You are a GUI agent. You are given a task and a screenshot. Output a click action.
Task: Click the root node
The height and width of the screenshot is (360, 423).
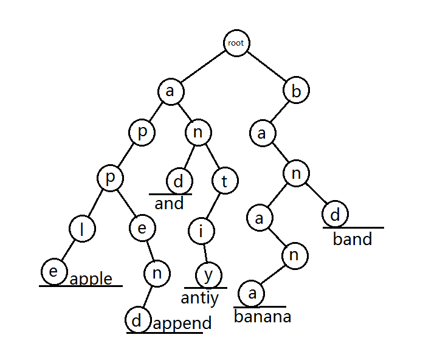tap(236, 43)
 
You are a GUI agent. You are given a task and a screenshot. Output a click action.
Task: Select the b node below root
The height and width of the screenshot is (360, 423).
tap(296, 90)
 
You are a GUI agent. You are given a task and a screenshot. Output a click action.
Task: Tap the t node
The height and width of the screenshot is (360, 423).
tap(225, 181)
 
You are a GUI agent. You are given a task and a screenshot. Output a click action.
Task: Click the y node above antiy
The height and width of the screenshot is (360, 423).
tap(209, 275)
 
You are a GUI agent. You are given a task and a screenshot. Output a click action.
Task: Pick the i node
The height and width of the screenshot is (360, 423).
tap(201, 231)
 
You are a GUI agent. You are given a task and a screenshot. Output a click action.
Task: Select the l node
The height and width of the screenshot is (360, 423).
tap(82, 229)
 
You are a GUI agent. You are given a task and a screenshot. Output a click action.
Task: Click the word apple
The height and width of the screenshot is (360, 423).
tap(91, 279)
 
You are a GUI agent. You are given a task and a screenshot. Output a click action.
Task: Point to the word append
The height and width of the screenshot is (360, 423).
tap(182, 323)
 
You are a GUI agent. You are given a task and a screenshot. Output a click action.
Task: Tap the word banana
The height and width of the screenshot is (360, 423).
tap(263, 316)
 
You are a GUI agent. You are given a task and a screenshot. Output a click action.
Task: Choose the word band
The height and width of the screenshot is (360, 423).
tap(352, 239)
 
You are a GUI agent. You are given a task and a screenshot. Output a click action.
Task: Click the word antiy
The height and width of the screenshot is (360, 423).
tap(199, 299)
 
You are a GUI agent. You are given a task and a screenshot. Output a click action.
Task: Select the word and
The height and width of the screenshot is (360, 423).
tap(169, 203)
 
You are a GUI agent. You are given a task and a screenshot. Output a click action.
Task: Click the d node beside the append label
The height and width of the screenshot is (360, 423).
tap(138, 319)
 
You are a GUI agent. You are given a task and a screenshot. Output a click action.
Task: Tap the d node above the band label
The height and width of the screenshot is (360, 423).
tap(335, 214)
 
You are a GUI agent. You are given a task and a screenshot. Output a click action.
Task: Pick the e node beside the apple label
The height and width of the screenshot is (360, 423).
tap(54, 271)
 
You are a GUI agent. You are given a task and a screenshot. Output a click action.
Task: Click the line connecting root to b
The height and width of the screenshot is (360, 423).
tap(266, 66)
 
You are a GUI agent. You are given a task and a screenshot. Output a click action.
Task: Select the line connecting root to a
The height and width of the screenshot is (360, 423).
tap(204, 66)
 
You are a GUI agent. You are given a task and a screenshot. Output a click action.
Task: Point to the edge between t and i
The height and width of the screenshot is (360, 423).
tap(213, 206)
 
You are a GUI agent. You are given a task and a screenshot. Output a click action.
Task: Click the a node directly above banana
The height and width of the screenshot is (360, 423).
tap(252, 293)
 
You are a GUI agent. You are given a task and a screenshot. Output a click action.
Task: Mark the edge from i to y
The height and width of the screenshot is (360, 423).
tap(205, 253)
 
